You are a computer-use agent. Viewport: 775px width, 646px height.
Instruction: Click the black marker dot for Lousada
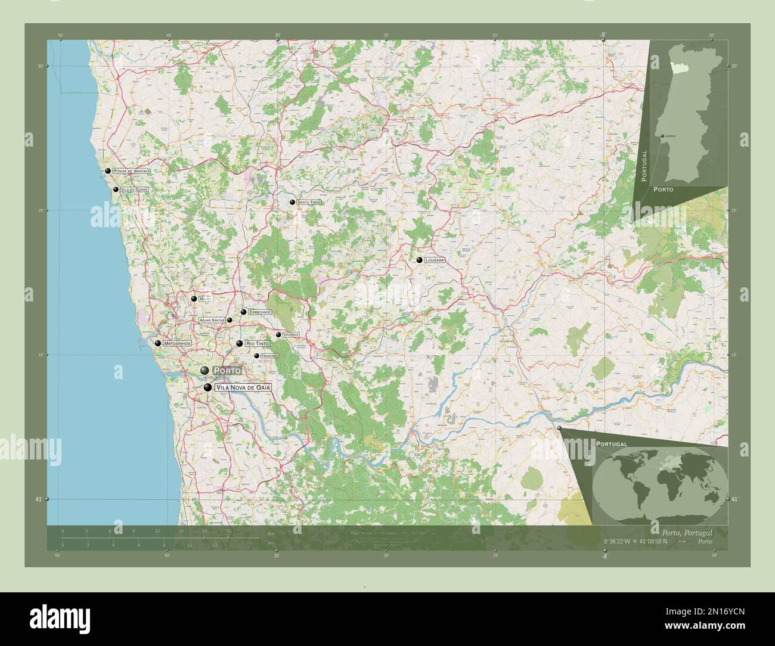(x=420, y=260)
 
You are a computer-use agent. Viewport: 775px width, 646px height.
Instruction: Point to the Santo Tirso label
(x=309, y=203)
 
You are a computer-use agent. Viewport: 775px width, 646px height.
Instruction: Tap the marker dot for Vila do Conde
(x=116, y=190)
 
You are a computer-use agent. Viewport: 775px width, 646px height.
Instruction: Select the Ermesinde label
(x=260, y=312)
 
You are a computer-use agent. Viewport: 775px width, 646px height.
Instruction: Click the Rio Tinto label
(x=258, y=344)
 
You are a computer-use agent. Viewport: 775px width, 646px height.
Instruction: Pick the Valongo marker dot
(x=278, y=335)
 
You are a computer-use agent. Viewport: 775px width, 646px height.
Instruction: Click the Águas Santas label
(x=212, y=320)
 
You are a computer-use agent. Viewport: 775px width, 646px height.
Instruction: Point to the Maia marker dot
(x=194, y=299)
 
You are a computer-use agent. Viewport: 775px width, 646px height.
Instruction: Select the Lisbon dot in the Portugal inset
(x=661, y=136)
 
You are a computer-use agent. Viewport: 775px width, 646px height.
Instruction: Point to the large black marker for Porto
(x=204, y=371)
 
